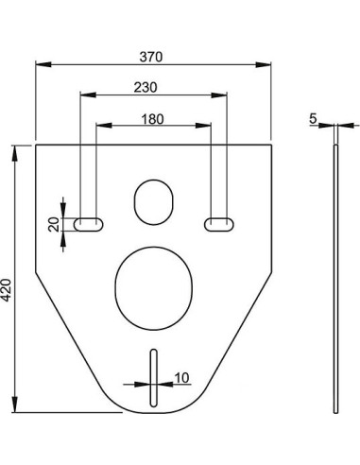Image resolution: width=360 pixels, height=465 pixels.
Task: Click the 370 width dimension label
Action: (x=151, y=57)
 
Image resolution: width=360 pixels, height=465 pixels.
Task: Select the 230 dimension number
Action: (x=146, y=87)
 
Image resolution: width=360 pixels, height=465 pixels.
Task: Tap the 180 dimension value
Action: (x=152, y=119)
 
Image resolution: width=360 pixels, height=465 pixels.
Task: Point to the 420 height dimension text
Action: (x=7, y=290)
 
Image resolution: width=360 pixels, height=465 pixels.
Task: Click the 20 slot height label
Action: (x=54, y=224)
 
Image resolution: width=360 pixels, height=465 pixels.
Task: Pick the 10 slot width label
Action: (x=181, y=377)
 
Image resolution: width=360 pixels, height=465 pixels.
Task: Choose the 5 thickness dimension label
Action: (x=313, y=118)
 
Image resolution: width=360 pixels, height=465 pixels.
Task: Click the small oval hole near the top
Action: (x=154, y=202)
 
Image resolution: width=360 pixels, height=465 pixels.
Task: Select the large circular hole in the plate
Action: (x=153, y=288)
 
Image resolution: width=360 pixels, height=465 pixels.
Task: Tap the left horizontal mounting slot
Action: (x=89, y=224)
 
